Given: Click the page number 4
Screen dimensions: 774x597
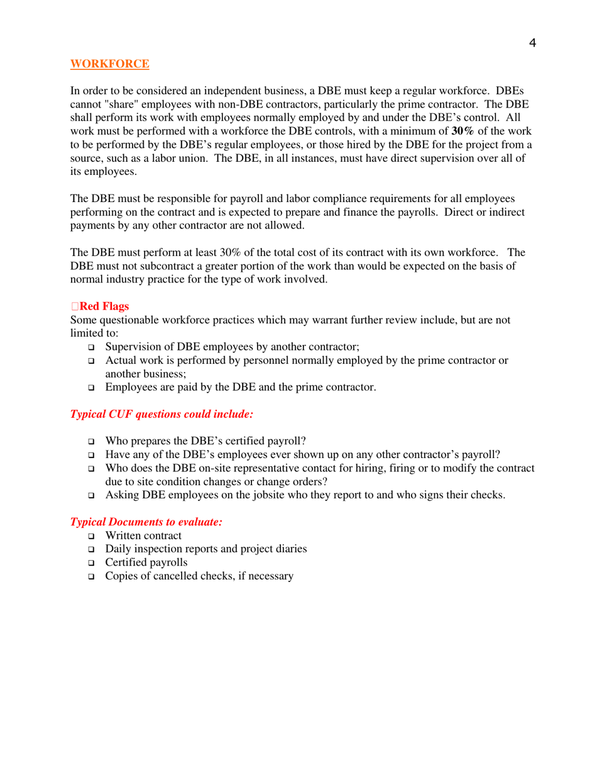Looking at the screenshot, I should (x=532, y=43).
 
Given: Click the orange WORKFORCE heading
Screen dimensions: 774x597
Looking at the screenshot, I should (x=109, y=64).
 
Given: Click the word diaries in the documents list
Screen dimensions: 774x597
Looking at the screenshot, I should (x=289, y=549).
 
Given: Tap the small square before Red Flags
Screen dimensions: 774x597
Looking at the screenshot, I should (x=75, y=307).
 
